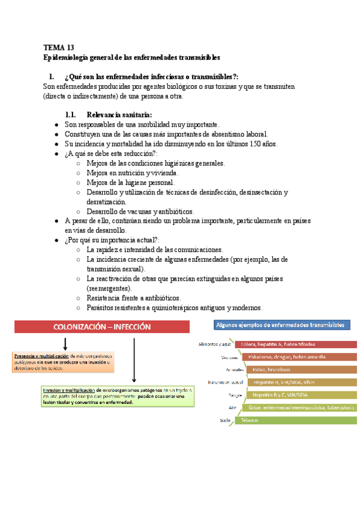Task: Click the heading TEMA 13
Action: (x=59, y=47)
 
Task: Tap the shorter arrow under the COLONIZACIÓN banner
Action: (x=65, y=344)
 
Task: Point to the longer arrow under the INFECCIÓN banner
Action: (x=134, y=360)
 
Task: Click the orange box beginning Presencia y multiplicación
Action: (x=62, y=362)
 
